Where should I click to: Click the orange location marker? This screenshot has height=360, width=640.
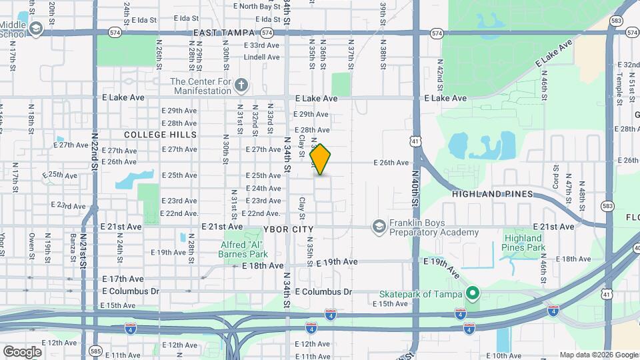[x=321, y=159]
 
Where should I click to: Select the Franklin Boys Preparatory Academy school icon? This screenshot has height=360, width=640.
[x=379, y=227]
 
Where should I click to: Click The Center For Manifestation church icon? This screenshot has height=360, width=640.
[x=241, y=85]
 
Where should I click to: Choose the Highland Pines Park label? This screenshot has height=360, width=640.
[x=523, y=243]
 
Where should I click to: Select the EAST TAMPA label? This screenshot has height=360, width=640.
[x=224, y=33]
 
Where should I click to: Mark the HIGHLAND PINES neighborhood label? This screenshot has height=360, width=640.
[x=493, y=194]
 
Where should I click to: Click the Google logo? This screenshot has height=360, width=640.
[x=22, y=351]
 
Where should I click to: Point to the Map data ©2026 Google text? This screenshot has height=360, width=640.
[x=599, y=355]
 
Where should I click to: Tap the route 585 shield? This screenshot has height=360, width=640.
[x=96, y=350]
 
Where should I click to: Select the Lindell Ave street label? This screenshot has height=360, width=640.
[x=261, y=57]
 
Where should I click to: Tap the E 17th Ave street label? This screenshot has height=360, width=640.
[x=123, y=279]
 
